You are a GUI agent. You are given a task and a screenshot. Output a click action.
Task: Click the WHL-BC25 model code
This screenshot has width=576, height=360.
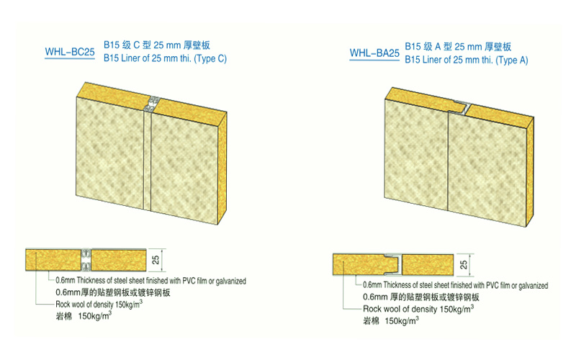(70, 52)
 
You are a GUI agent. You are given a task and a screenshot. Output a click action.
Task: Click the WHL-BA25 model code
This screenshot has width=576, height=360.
(374, 53)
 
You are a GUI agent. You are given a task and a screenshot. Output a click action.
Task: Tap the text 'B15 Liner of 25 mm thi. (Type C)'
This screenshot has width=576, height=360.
(165, 58)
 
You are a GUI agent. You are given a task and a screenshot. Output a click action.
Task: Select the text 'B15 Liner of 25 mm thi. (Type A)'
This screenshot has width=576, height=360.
(466, 60)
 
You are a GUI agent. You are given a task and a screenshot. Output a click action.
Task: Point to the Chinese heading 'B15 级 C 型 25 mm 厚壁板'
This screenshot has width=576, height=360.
(157, 45)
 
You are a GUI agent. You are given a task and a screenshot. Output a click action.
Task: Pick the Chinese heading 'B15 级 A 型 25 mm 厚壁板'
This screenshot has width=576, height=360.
(458, 47)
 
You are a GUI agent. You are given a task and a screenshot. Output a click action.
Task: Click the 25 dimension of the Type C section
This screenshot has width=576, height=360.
(156, 260)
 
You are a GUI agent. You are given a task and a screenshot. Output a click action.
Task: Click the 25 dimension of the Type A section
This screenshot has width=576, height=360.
(464, 264)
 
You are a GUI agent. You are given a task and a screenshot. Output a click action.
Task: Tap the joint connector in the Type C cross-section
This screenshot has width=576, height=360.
(86, 260)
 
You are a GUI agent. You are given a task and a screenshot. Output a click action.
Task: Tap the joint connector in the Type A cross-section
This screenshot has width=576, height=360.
(392, 264)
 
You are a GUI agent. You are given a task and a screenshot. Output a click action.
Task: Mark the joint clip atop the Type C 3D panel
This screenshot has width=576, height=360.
(153, 104)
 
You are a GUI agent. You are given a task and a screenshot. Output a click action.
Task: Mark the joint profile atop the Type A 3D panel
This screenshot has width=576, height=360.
(460, 107)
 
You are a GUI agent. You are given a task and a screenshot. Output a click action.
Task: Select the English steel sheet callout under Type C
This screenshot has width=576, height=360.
(150, 281)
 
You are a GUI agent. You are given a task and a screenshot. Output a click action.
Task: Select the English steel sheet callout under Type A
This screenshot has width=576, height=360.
(456, 285)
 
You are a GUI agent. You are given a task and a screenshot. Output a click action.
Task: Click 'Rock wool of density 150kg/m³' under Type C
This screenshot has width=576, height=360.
(99, 304)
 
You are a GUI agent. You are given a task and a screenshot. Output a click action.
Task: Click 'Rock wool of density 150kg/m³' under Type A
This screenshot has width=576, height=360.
(418, 309)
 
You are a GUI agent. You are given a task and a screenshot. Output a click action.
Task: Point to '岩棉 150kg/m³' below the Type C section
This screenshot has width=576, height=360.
(84, 315)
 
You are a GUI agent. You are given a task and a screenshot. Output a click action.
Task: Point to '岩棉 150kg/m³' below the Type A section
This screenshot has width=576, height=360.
(391, 320)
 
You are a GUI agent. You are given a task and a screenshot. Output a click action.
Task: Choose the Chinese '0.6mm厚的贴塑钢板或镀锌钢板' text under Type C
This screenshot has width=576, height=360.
(113, 292)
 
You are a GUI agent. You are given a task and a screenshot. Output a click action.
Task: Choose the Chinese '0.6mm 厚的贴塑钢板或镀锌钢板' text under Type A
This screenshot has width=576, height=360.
(421, 297)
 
